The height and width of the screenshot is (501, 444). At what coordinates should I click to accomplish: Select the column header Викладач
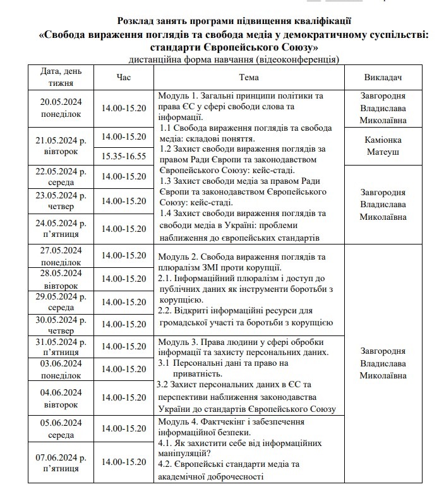point(383,77)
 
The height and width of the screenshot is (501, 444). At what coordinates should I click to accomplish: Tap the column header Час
point(124,77)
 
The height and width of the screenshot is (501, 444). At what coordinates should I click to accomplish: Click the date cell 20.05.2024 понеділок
point(61,107)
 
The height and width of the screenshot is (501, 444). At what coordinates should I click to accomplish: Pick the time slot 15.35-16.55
point(124,156)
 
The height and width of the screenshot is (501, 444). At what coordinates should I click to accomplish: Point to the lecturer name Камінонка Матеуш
point(383,145)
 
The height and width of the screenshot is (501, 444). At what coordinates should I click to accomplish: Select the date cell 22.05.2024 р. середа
point(61,177)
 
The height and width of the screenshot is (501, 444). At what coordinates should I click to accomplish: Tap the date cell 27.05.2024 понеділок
point(61,255)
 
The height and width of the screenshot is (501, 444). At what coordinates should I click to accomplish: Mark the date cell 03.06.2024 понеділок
point(61,369)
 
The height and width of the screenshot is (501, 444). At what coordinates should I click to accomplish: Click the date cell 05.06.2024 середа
point(61,428)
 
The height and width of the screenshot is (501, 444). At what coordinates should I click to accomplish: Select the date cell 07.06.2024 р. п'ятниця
point(61,462)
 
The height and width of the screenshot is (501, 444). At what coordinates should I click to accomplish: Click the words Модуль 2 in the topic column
point(181,257)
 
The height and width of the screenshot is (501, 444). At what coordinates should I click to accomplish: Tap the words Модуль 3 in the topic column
point(181,342)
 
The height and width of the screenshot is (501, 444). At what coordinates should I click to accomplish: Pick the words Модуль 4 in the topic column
point(180,421)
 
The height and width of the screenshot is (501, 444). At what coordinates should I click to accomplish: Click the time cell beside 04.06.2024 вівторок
point(124,397)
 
